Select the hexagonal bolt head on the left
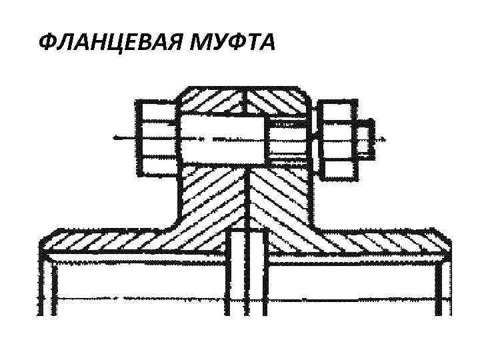point(157,138)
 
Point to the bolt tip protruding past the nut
point(364,140)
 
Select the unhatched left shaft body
point(133,287)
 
